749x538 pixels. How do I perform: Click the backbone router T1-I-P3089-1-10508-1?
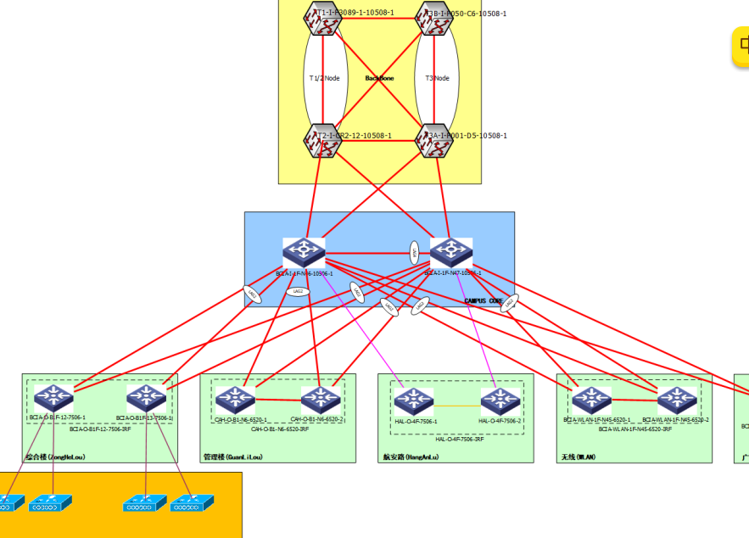(322, 20)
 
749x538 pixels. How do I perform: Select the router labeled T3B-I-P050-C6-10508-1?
(434, 20)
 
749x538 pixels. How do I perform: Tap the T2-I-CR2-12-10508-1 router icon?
(322, 141)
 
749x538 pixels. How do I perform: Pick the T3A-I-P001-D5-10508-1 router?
(434, 141)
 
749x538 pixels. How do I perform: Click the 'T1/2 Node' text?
(324, 78)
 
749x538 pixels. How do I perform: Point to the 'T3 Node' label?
(437, 78)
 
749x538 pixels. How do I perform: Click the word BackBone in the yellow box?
(379, 78)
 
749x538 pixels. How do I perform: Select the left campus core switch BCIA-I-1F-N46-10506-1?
(304, 252)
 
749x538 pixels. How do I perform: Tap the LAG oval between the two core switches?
(414, 251)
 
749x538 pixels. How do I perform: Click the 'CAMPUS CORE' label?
(484, 301)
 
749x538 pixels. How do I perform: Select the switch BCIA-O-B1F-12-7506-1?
(54, 398)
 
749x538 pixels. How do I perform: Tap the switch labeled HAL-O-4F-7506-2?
(500, 401)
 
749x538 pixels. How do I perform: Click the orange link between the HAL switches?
(457, 406)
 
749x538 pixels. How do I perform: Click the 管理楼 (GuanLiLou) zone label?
(233, 457)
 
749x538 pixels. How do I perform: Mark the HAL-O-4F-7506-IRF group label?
(459, 439)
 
